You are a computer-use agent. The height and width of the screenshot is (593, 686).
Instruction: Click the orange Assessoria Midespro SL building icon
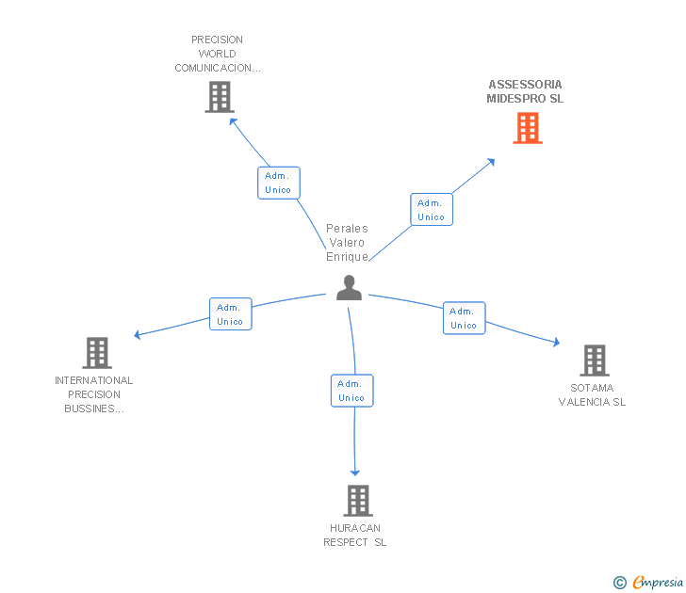tap(528, 128)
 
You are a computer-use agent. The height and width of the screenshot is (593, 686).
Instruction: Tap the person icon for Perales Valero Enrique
tap(349, 288)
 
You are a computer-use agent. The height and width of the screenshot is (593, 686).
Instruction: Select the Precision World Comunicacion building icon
tap(219, 97)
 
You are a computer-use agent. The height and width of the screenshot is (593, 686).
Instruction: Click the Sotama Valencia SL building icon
tap(594, 360)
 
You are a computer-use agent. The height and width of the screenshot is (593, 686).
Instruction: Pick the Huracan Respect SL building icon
tap(358, 500)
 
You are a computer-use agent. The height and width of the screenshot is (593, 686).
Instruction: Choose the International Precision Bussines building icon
tap(97, 353)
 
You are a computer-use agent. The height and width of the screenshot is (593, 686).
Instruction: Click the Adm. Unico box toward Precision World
tap(278, 183)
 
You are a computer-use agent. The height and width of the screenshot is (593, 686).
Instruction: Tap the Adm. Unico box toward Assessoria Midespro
tap(431, 210)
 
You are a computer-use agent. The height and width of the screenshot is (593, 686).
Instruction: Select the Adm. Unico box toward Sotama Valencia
tap(463, 318)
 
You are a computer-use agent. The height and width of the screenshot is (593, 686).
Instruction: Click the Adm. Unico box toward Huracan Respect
tap(351, 391)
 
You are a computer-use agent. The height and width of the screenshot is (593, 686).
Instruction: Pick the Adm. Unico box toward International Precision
tap(230, 314)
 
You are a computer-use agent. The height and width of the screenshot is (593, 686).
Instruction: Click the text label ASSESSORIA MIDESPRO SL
tap(525, 91)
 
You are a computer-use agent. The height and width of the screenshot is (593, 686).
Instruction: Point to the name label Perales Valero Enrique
tap(347, 243)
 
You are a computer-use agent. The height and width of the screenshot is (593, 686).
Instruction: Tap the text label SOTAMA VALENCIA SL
tap(592, 395)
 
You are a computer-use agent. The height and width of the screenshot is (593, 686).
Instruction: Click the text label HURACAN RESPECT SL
tap(355, 535)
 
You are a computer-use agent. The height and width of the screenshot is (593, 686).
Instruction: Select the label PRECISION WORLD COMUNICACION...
tap(218, 54)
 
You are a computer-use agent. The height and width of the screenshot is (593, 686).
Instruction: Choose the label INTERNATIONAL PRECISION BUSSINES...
tap(94, 394)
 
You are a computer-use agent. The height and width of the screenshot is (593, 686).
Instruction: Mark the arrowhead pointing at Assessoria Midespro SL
tap(490, 162)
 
